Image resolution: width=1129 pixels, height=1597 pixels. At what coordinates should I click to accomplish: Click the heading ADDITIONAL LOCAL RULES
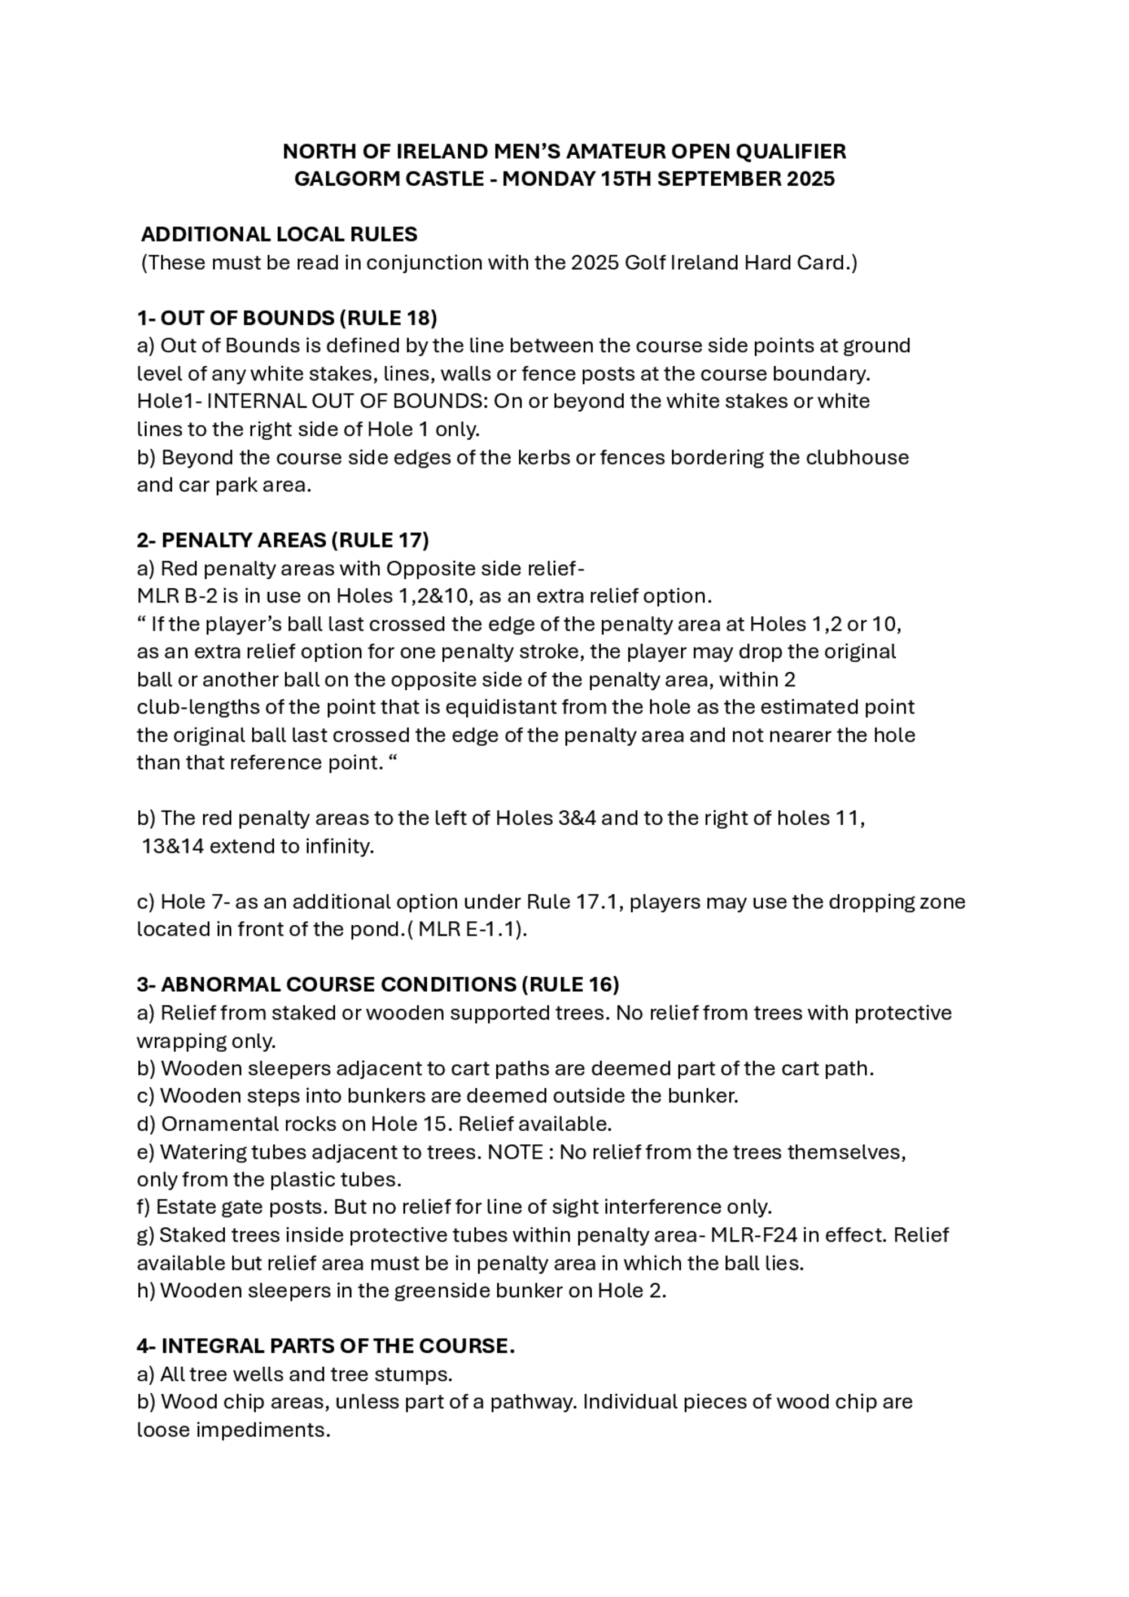pos(279,234)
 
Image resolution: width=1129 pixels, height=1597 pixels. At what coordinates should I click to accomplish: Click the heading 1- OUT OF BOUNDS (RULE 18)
pos(287,318)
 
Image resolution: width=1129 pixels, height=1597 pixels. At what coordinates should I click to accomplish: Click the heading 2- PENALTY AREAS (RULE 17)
pos(282,540)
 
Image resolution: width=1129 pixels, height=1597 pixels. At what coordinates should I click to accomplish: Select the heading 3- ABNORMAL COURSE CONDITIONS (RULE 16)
pos(378,985)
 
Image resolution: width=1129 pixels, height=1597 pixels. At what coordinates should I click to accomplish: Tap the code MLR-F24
pos(755,1235)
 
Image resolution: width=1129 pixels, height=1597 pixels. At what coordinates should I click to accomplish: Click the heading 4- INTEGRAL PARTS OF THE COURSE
pos(326,1346)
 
